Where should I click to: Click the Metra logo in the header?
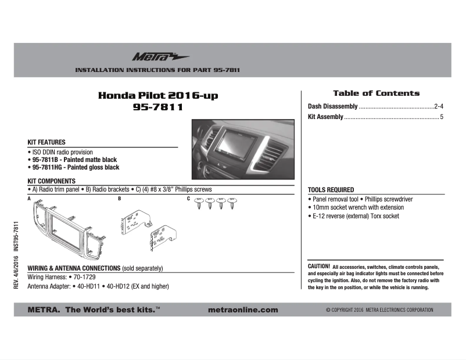(152, 57)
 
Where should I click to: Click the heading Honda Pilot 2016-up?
(158, 95)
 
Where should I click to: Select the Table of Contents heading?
(376, 93)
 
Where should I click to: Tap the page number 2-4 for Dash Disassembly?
(439, 106)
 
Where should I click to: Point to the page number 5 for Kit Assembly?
(442, 117)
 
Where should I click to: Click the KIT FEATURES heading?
(46, 142)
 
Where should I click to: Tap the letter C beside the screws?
(189, 199)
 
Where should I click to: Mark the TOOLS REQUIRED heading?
(331, 190)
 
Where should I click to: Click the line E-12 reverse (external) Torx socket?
(355, 216)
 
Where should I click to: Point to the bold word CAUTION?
(319, 266)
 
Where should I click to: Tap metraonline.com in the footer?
(242, 310)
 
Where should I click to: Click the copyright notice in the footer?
(379, 310)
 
